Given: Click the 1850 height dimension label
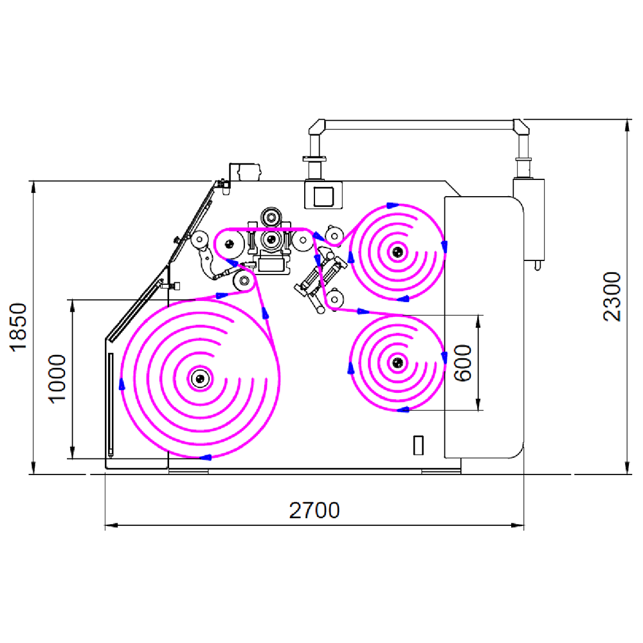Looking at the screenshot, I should (19, 327).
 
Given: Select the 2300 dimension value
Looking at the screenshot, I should (613, 296).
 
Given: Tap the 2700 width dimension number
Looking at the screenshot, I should (314, 511).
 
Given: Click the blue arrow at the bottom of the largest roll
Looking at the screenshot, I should (206, 457).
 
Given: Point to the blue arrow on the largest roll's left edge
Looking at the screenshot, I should (122, 384).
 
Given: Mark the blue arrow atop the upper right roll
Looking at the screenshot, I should (391, 206).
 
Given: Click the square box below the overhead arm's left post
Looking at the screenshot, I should (323, 195).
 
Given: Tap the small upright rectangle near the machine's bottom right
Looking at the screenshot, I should (419, 444).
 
